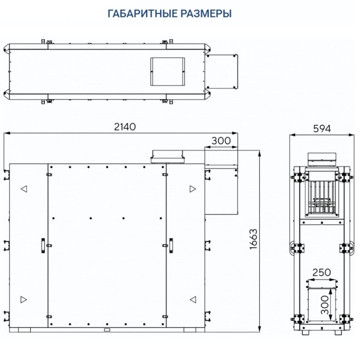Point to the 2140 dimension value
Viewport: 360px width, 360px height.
(x=122, y=127)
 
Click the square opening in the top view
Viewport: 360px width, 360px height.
(x=167, y=71)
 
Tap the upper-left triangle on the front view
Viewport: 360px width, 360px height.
(x=24, y=189)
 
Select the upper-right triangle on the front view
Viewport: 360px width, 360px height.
(x=192, y=189)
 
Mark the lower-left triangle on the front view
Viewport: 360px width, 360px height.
(x=24, y=299)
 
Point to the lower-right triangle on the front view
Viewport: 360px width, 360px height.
(x=192, y=299)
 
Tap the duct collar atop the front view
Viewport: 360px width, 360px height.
(x=167, y=157)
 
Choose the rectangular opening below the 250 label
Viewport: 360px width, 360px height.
(x=321, y=303)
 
